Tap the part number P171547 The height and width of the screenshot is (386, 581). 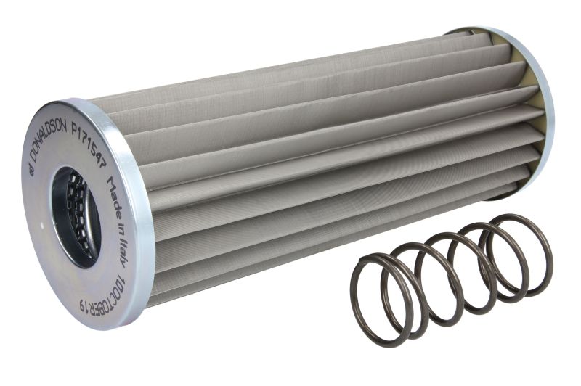pos(88,144)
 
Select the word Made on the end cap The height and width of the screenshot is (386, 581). pos(114,195)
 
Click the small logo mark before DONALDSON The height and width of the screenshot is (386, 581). pos(32,171)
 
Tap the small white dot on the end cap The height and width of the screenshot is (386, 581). pos(41,223)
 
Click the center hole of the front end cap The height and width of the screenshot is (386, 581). pos(76,217)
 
